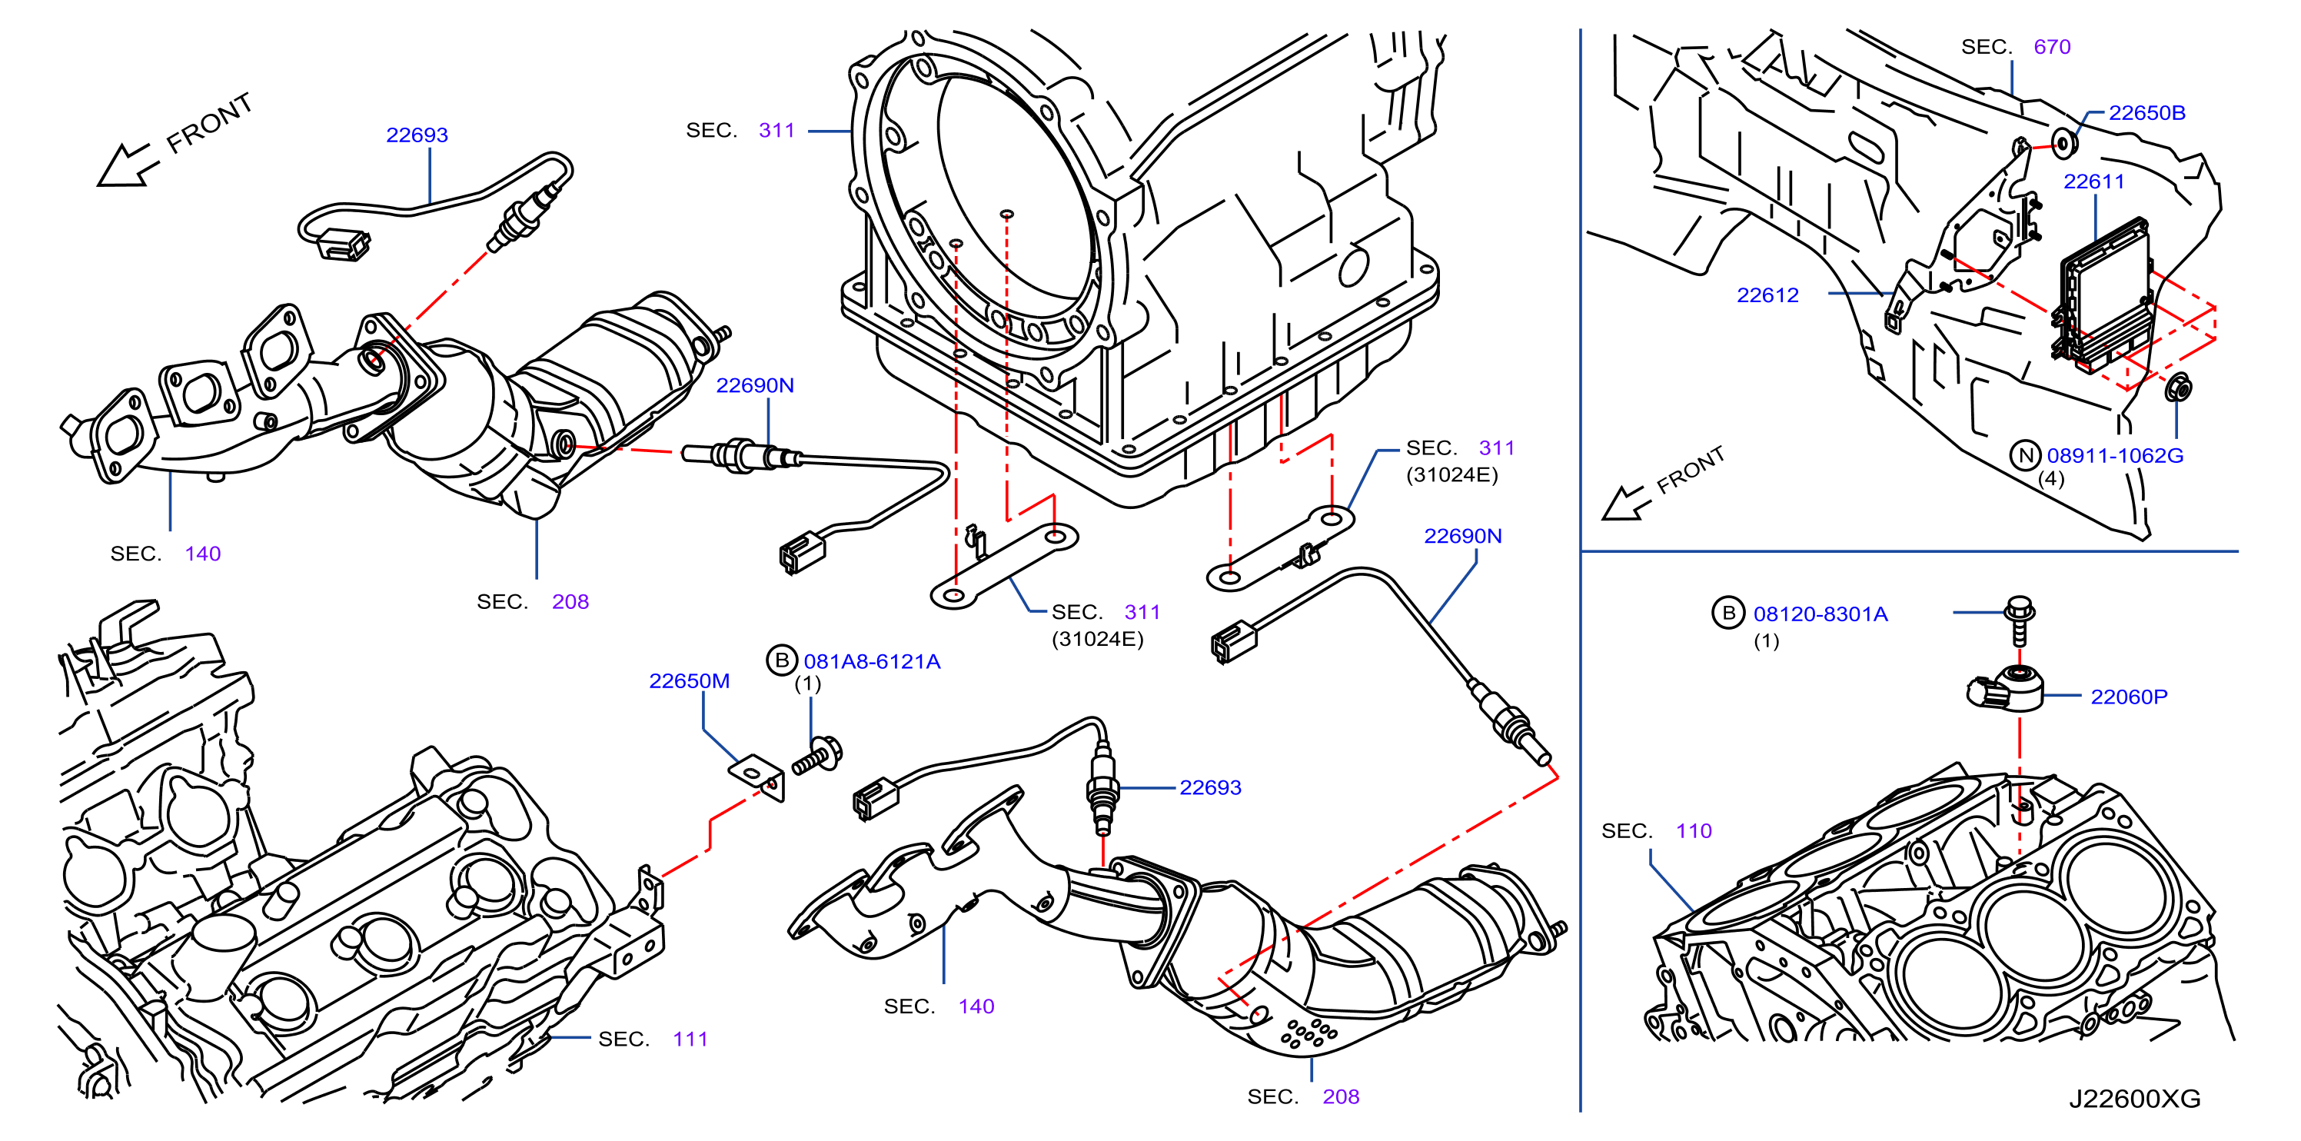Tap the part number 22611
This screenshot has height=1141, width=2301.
(x=2093, y=181)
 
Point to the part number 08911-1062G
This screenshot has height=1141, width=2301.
(x=2114, y=456)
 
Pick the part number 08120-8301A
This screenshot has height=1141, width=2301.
(x=1820, y=614)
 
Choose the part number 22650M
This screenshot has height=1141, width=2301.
(x=689, y=681)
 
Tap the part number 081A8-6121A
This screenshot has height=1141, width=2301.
(x=872, y=661)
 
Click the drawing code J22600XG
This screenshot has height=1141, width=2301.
(x=2135, y=1099)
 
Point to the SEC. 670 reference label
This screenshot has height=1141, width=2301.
(x=2015, y=46)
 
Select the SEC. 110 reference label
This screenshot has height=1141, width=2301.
(x=1656, y=831)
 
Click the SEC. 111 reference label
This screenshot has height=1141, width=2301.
(x=653, y=1040)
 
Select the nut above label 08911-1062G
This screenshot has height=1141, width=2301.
(x=2178, y=388)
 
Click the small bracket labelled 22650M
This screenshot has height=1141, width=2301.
(x=757, y=776)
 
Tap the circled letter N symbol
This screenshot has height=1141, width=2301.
(x=2026, y=456)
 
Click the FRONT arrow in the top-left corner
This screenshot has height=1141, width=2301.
(x=128, y=166)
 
